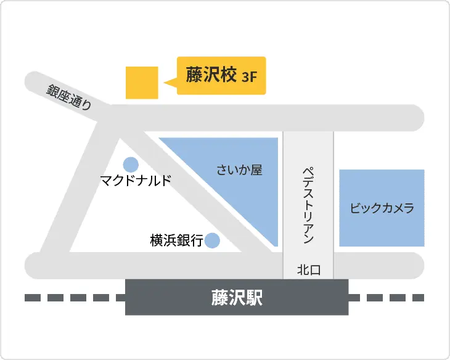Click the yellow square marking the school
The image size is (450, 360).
[x=142, y=82]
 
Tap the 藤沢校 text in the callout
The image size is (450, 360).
[x=211, y=75]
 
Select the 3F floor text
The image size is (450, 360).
[x=250, y=77]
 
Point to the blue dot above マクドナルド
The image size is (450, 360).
[x=131, y=165]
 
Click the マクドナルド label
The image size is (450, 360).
[x=136, y=181]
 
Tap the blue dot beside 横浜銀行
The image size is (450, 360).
[x=212, y=240]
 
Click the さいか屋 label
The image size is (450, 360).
[x=240, y=170]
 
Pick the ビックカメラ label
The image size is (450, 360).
[x=382, y=208]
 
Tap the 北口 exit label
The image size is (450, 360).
[x=308, y=269]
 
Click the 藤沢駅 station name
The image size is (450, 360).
[x=237, y=298]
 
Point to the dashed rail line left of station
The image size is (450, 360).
[x=74, y=298]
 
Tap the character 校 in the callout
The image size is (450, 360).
[x=229, y=75]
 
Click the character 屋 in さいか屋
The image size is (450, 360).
[x=256, y=170]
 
